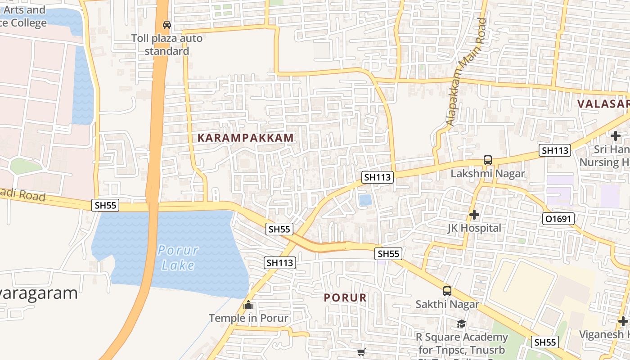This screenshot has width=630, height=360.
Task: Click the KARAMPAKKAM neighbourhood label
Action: [x=246, y=138]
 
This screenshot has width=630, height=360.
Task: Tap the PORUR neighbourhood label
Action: [x=345, y=297]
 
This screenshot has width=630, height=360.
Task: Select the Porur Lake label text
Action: [x=178, y=257]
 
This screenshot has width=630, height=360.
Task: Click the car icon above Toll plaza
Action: [x=167, y=24]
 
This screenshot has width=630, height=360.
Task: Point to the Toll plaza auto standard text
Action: [x=167, y=45]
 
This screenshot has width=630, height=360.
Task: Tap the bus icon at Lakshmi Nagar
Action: [x=487, y=160]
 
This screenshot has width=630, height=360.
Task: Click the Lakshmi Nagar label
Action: [x=488, y=174]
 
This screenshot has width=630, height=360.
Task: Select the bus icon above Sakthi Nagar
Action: [x=447, y=291]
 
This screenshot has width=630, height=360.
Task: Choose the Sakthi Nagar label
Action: [x=447, y=304]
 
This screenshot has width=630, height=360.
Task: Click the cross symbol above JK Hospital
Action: [x=474, y=215]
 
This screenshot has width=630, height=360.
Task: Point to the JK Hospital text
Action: [x=474, y=228]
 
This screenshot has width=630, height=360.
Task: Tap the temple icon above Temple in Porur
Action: [x=248, y=305]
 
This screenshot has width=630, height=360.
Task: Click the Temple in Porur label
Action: [x=248, y=318]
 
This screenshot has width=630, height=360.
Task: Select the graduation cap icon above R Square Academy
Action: [x=461, y=324]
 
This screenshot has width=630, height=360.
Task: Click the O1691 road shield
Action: [x=558, y=219]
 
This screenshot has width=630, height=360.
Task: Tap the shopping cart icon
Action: [x=361, y=352]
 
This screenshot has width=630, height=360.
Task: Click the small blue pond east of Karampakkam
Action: [x=365, y=200]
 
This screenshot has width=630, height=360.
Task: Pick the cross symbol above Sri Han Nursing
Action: [x=615, y=135]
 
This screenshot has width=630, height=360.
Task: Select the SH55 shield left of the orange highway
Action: [x=106, y=205]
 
